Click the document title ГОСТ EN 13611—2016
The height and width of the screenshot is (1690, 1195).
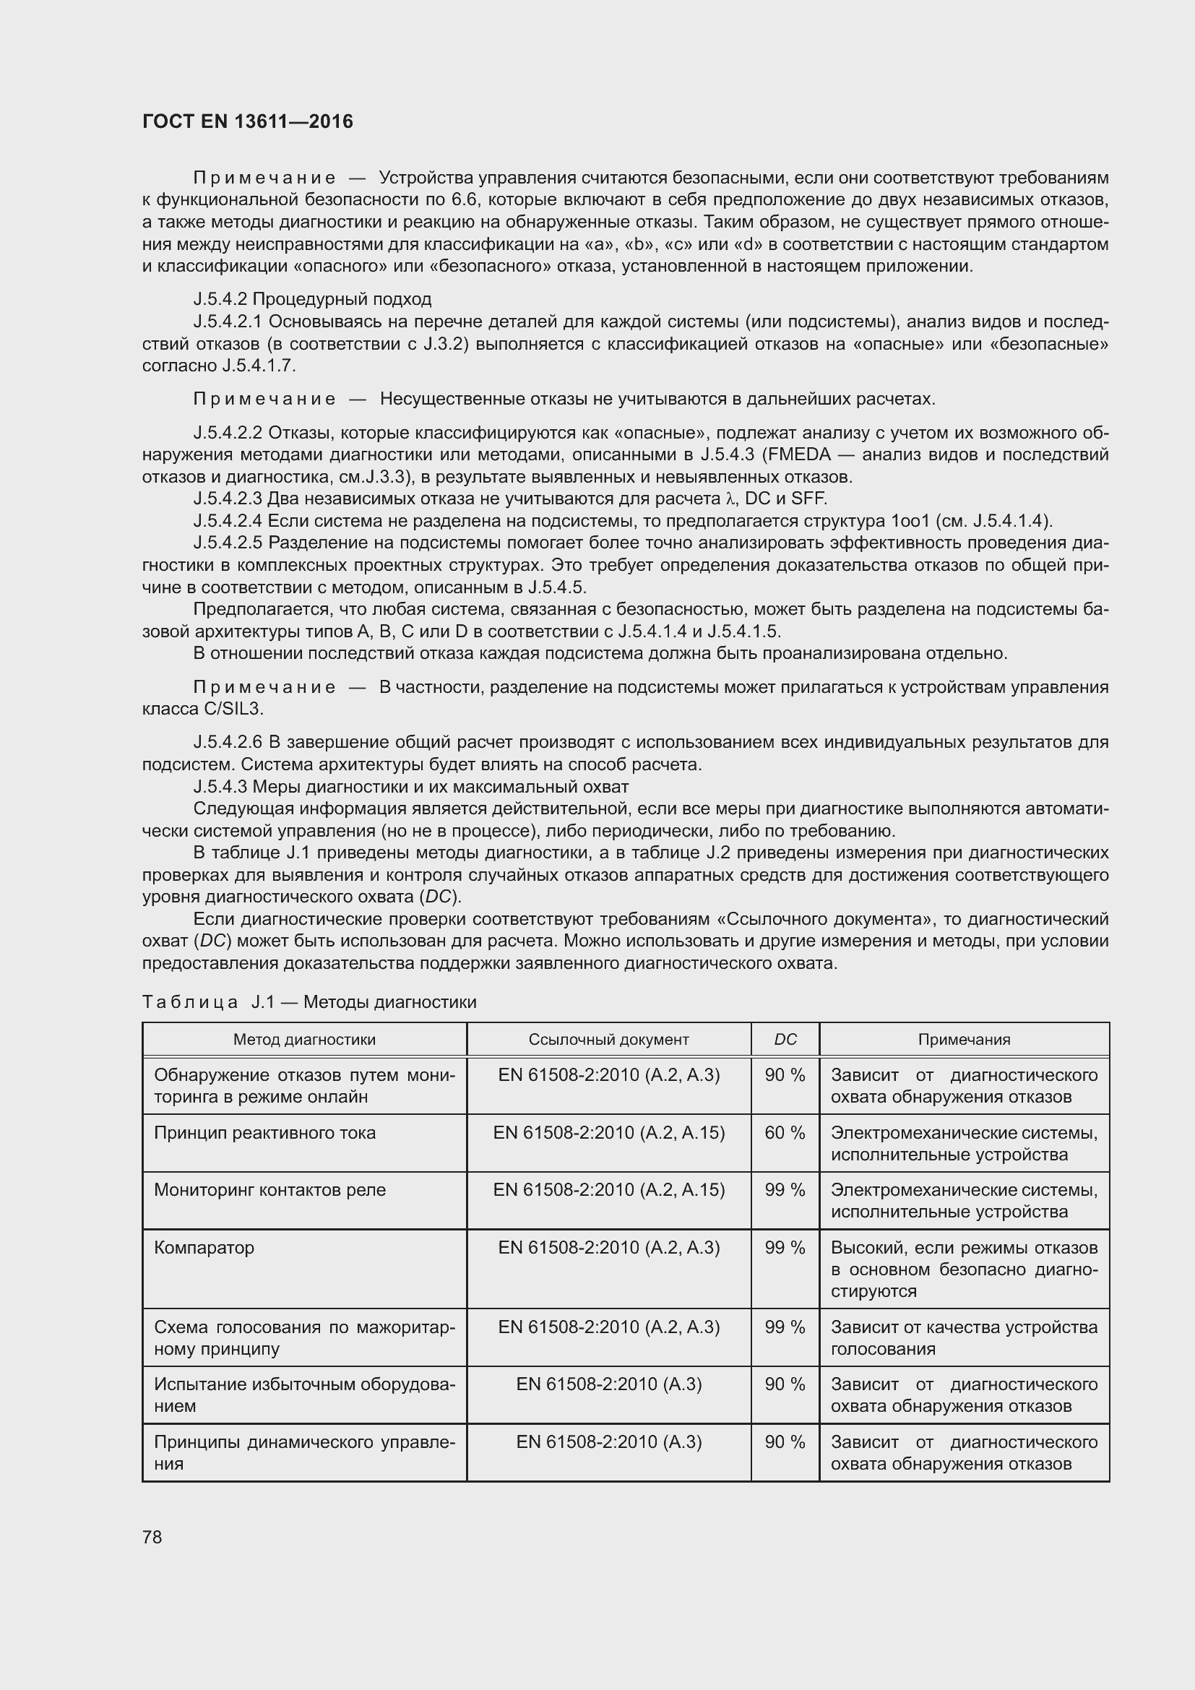pos(247,121)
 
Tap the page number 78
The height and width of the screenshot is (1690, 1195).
pos(152,1537)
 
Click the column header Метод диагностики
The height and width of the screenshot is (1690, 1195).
pos(304,1039)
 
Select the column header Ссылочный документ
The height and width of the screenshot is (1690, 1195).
pos(608,1039)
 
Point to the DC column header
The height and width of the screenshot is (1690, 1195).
pos(785,1039)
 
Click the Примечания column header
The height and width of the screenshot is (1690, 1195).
pos(964,1039)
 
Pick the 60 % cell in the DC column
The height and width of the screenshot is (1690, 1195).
pos(785,1133)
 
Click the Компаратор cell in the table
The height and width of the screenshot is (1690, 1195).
pos(204,1248)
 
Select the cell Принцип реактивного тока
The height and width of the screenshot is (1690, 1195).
pos(265,1133)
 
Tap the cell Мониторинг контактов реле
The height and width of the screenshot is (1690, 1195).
pos(270,1190)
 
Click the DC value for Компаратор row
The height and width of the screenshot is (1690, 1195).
pos(785,1248)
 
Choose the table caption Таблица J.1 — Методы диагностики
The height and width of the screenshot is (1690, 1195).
pos(309,1001)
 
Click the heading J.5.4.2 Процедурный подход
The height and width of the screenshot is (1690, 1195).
pos(312,299)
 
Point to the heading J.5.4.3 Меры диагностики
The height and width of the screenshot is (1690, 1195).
pos(410,786)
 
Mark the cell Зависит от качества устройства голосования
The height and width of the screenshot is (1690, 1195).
pos(964,1337)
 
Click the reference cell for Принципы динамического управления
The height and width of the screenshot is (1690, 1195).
pos(608,1442)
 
